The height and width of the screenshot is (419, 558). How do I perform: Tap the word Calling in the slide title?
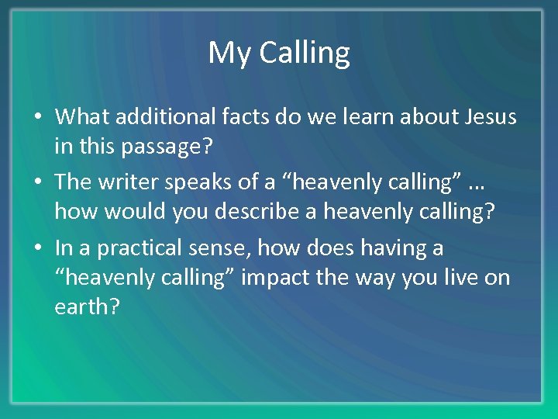click(304, 54)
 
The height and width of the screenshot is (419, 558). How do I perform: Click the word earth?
click(87, 306)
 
